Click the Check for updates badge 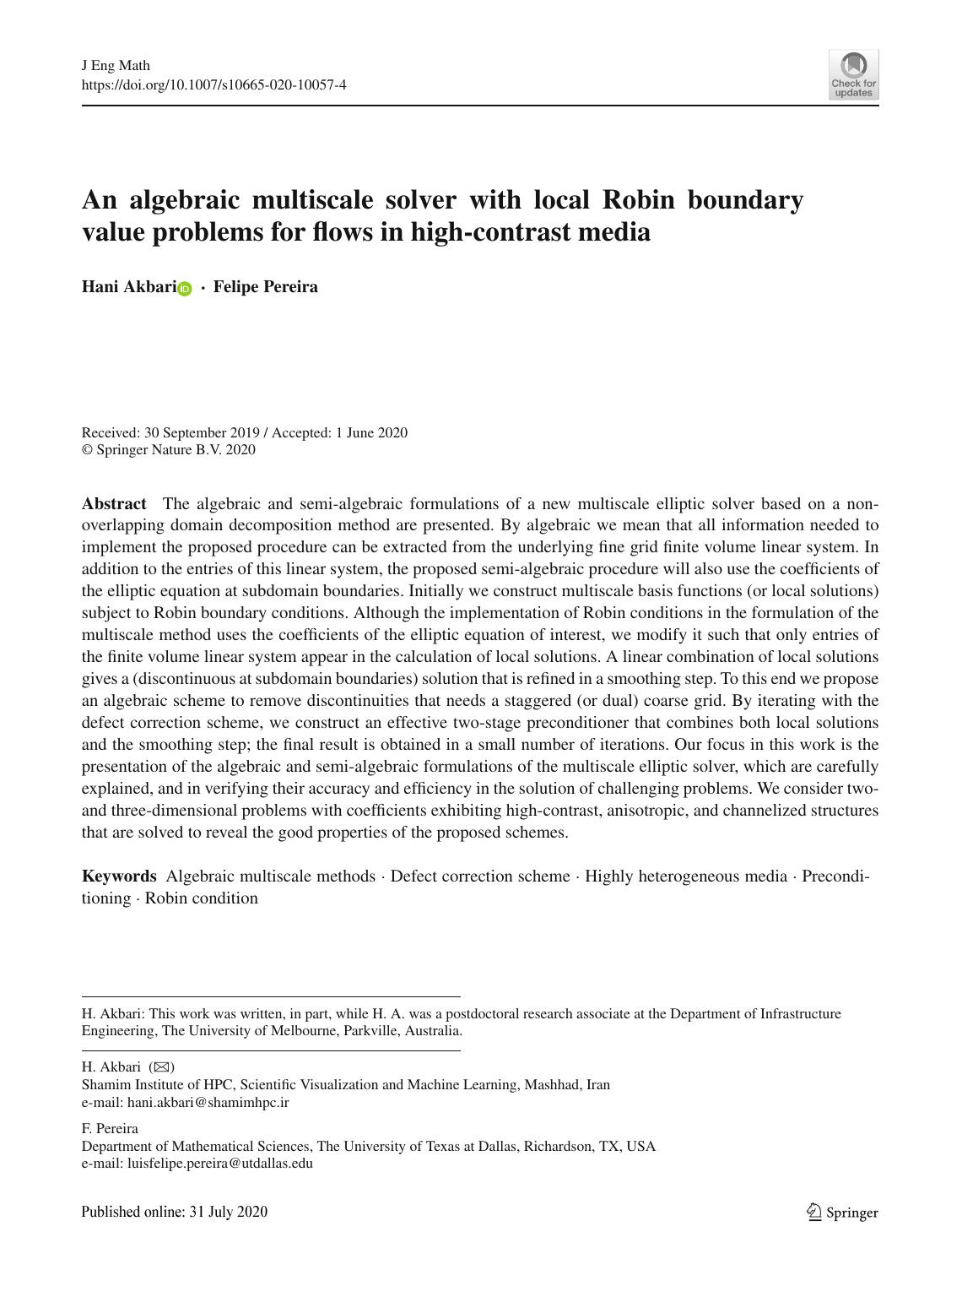(853, 75)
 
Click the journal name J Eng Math (116, 66)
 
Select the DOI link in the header (213, 84)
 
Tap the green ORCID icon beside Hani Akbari (185, 289)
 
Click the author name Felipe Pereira (265, 287)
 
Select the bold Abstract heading (114, 504)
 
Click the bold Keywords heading (119, 876)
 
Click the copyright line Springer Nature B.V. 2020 (175, 450)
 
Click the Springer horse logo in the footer (814, 1213)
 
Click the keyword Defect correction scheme (480, 876)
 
